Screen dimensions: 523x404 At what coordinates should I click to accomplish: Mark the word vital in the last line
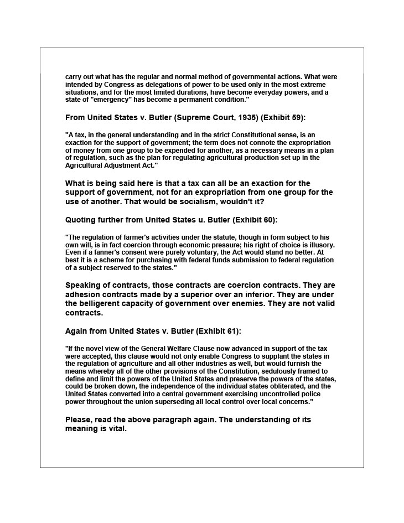[x=117, y=429]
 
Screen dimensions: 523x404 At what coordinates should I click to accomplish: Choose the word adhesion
[x=85, y=295]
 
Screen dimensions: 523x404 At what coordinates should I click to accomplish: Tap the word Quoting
[x=82, y=220]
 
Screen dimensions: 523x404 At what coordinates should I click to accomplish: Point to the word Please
[x=79, y=420]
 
